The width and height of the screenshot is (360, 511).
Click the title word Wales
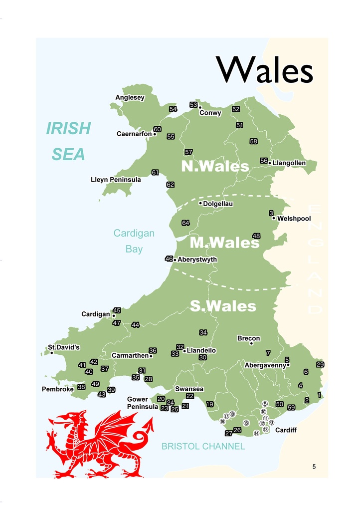click(265, 70)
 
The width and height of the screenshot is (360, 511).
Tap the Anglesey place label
click(130, 98)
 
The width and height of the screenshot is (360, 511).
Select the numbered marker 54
click(173, 109)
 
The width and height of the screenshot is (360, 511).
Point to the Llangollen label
click(289, 163)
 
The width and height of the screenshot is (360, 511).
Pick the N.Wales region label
click(215, 166)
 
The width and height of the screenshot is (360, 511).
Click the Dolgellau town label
click(218, 204)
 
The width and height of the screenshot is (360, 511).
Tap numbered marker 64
click(185, 223)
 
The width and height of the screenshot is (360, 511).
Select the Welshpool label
click(294, 219)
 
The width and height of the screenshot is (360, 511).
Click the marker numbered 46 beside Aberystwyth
click(169, 259)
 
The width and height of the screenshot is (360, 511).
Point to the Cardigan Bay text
click(134, 241)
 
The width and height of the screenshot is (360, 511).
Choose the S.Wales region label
click(223, 306)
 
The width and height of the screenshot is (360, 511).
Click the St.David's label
click(64, 347)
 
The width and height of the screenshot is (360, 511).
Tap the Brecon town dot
click(251, 343)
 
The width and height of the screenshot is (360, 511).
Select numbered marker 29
click(320, 365)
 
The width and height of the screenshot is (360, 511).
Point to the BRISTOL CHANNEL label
click(203, 447)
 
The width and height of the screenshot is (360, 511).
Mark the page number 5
click(314, 467)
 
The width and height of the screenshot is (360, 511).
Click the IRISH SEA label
click(68, 141)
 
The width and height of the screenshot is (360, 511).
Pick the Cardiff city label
click(286, 430)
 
